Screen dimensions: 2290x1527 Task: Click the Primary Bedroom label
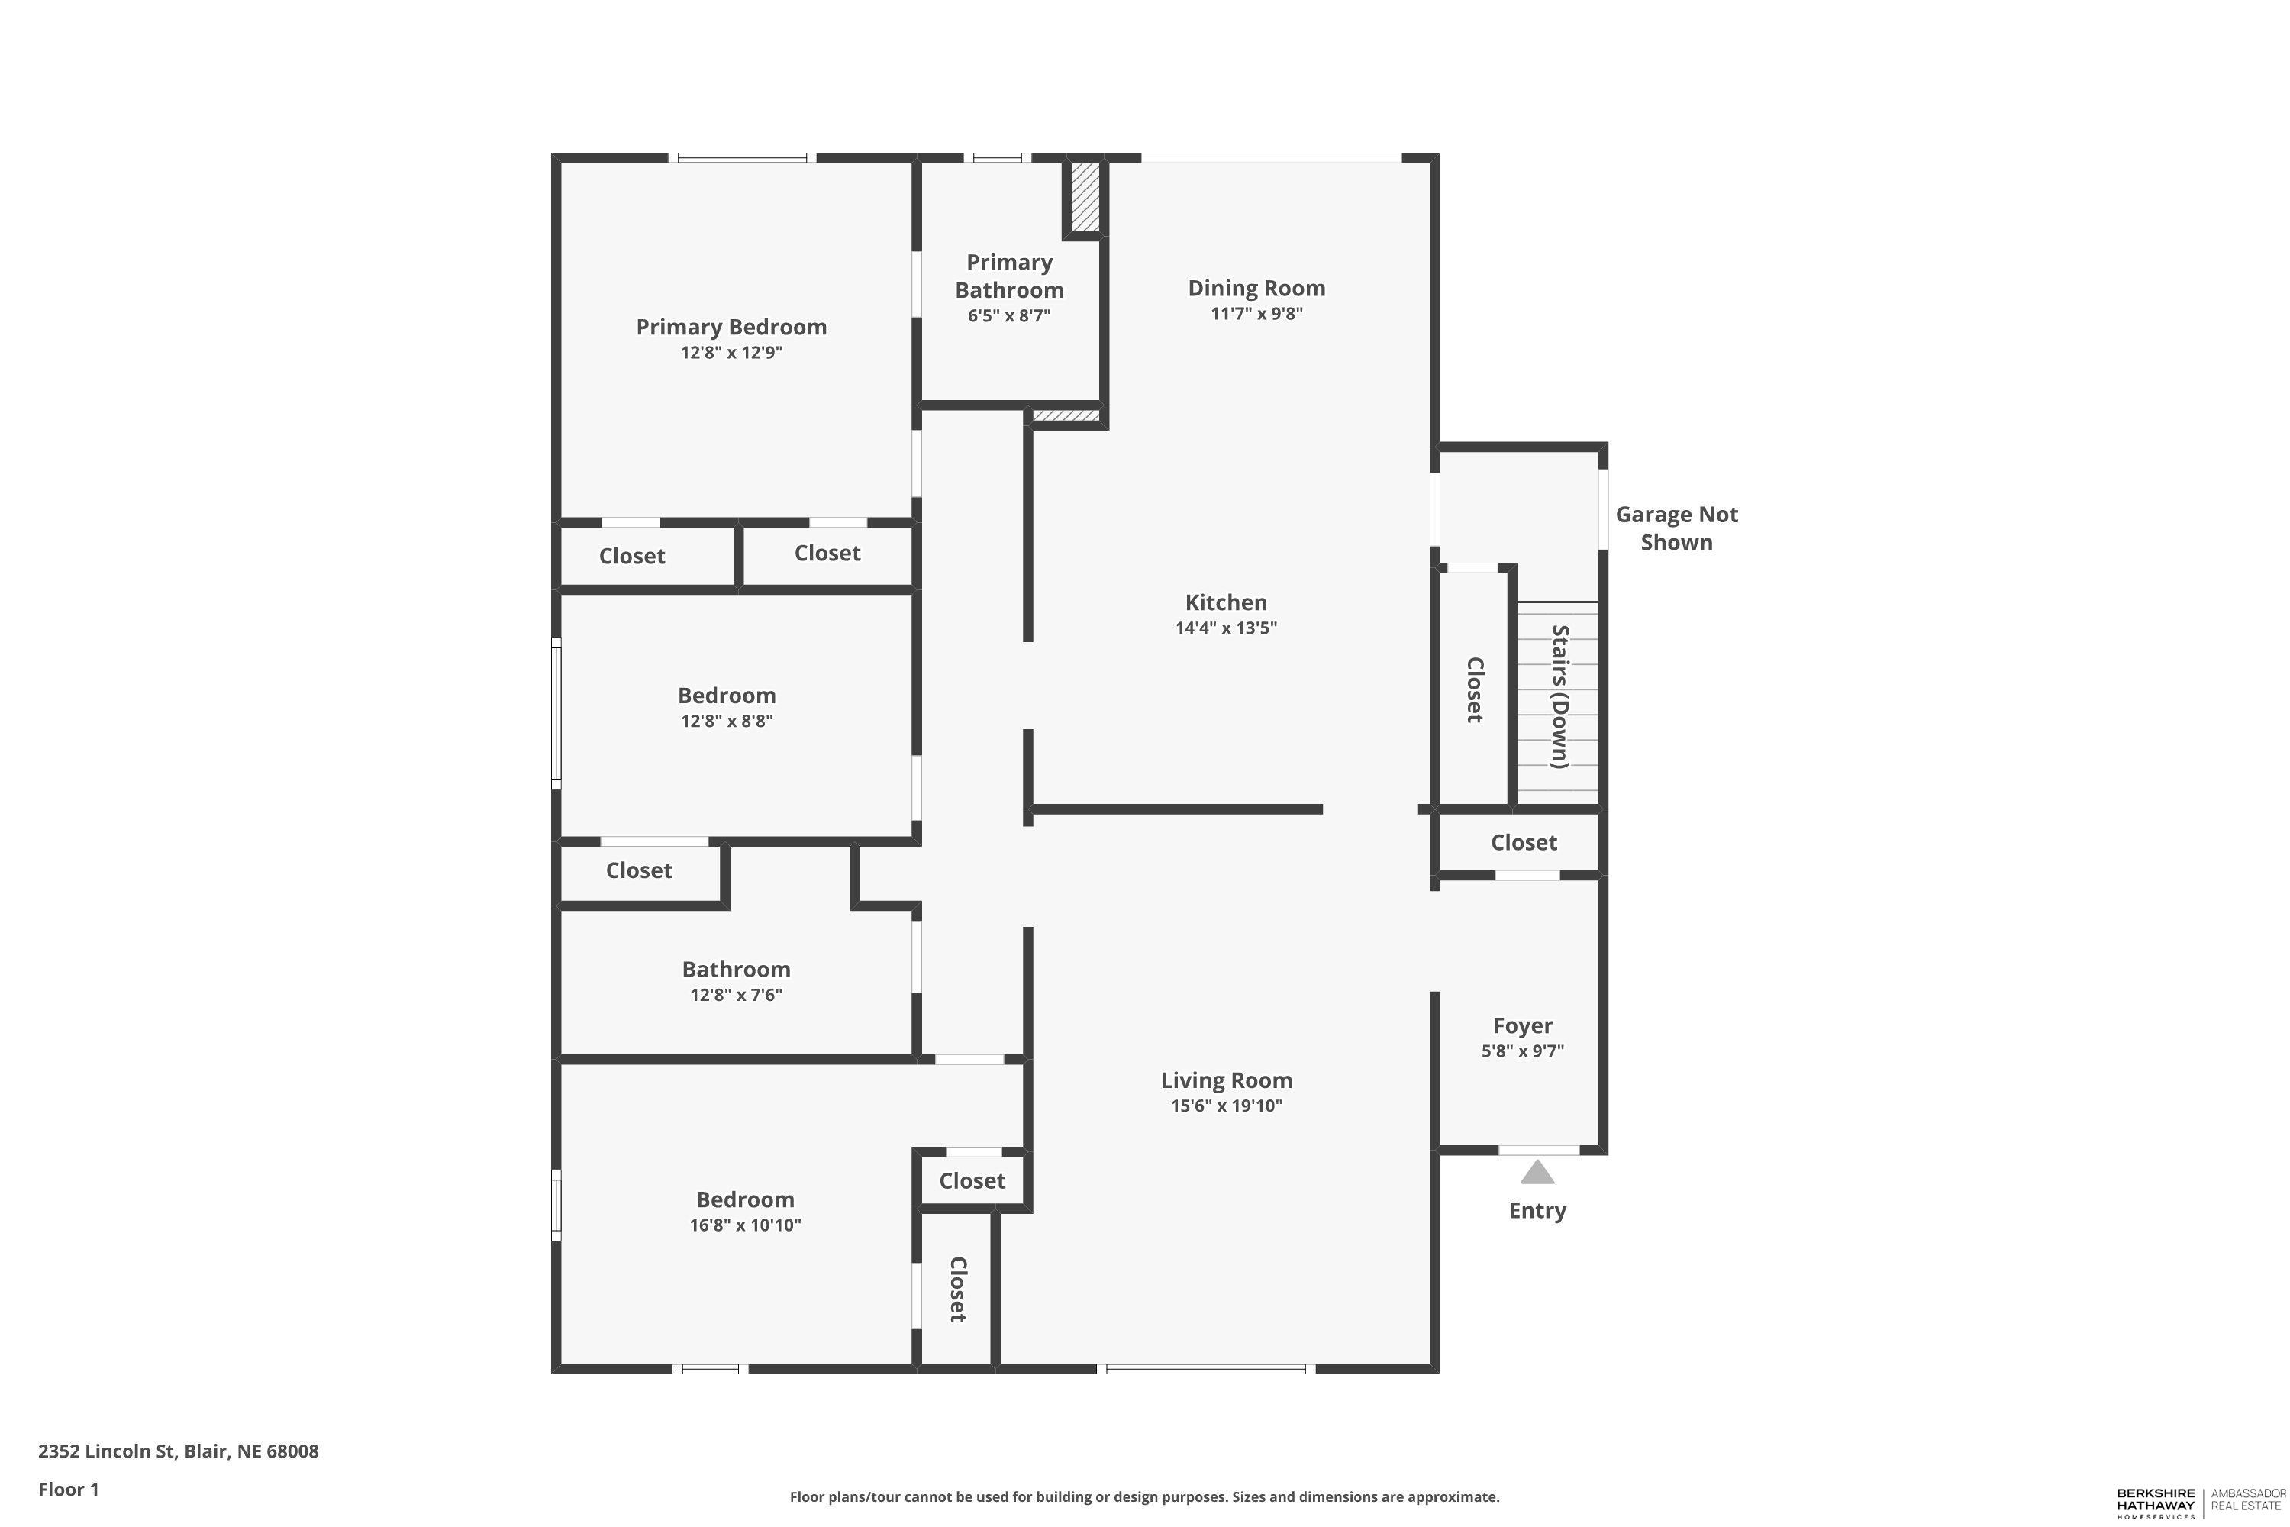tap(731, 328)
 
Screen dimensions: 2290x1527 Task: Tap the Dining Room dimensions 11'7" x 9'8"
tap(1256, 314)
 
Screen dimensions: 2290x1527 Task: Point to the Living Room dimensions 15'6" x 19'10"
tap(1226, 1106)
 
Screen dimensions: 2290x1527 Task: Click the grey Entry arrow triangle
tap(1537, 1173)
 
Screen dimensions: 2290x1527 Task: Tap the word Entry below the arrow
tap(1537, 1210)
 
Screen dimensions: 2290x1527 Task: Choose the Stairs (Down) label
tap(1559, 696)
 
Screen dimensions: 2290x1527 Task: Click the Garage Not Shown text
tap(1676, 528)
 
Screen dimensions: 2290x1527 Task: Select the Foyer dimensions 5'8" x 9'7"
tap(1523, 1051)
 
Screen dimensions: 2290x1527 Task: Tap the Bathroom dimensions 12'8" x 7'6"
tap(736, 994)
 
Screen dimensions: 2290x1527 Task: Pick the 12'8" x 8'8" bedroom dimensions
tap(727, 721)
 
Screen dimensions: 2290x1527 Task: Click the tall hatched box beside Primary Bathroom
tap(1085, 197)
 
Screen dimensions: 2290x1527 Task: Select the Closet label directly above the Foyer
tap(1524, 842)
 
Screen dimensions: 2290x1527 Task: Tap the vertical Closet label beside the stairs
tap(1475, 689)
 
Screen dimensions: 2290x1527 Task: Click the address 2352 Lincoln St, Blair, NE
tap(178, 1451)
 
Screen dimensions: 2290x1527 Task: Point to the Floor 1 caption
tap(68, 1489)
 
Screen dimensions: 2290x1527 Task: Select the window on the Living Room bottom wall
tap(1206, 1368)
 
